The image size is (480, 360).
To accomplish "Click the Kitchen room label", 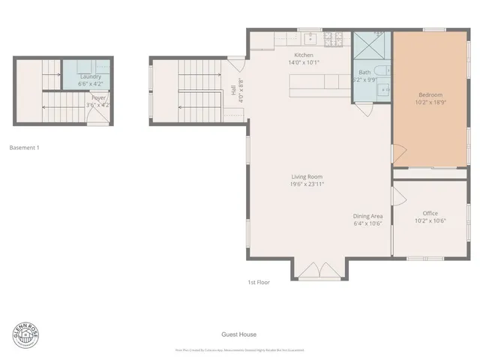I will (304, 55).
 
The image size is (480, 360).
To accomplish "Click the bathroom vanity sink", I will (384, 91).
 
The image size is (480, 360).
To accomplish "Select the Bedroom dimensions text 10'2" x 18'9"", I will (430, 102).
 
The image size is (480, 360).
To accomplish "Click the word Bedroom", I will (430, 94).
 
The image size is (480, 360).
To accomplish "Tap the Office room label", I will (430, 213).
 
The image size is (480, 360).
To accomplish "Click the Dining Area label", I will (368, 216).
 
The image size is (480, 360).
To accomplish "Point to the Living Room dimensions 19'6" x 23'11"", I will (308, 184).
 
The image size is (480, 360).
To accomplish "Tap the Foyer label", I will (99, 97).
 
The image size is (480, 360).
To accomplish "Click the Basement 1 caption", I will (24, 148).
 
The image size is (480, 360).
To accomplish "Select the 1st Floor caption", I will (259, 282).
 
